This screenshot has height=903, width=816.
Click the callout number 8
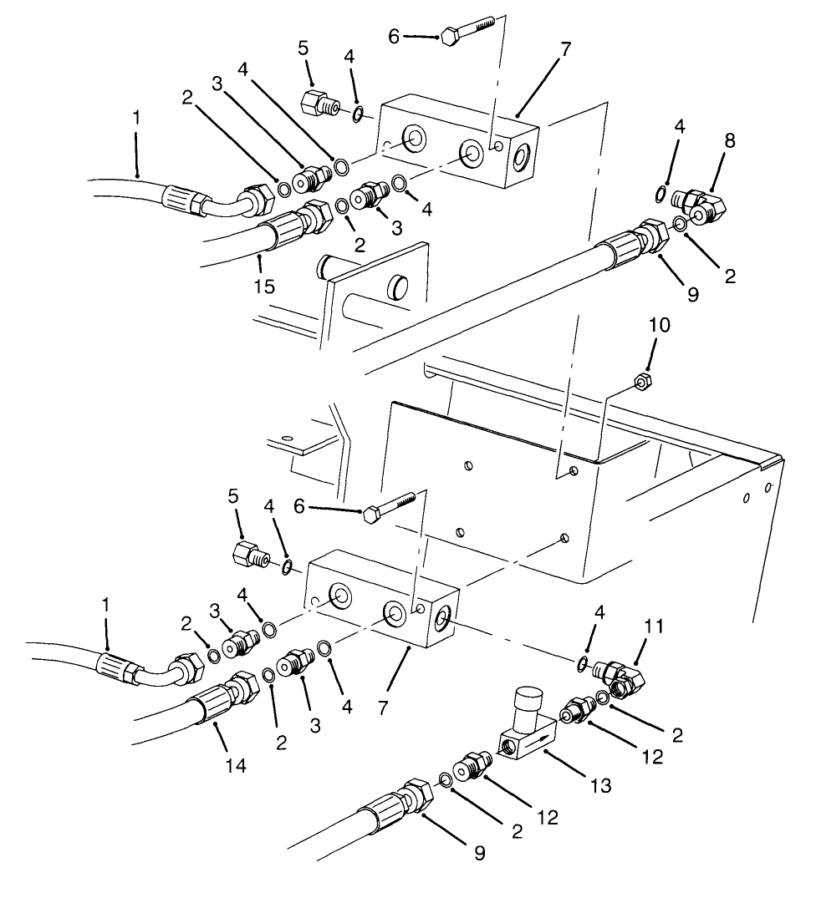point(730,140)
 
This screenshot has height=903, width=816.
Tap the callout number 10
point(660,325)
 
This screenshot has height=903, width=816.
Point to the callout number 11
point(655,627)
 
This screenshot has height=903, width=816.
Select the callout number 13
point(600,785)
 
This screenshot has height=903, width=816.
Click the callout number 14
point(237,764)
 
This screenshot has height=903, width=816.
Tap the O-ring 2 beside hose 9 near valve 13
point(446,780)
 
